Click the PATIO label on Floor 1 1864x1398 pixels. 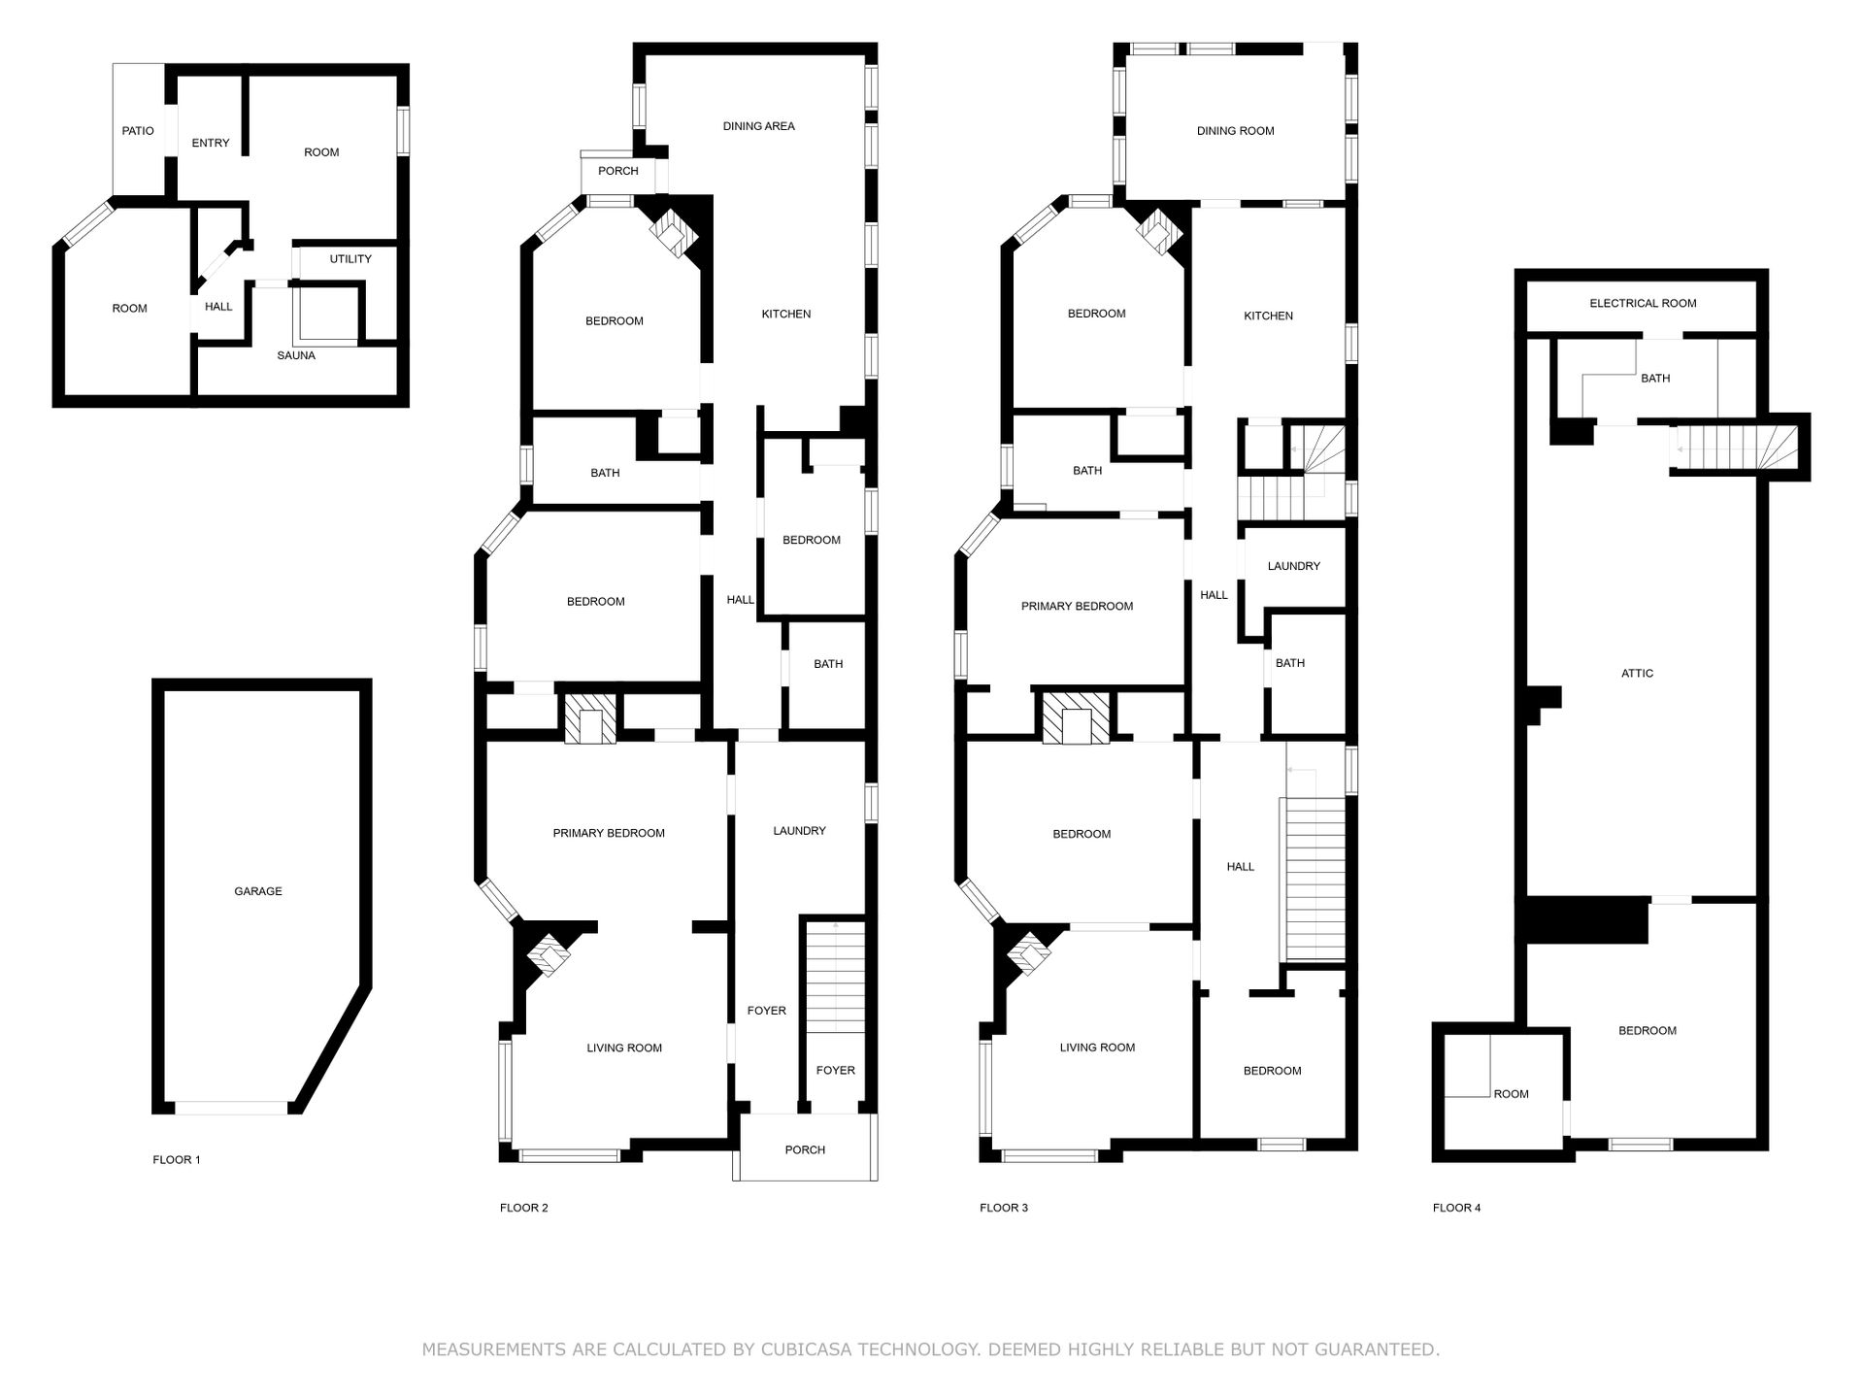pyautogui.click(x=138, y=131)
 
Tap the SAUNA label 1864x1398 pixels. pyautogui.click(x=296, y=356)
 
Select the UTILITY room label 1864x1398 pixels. pyautogui.click(x=350, y=259)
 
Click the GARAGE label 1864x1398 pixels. pyautogui.click(x=258, y=891)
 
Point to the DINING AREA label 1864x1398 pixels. pyautogui.click(x=759, y=126)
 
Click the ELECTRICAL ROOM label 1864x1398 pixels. pyautogui.click(x=1643, y=303)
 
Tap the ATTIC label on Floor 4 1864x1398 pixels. pyautogui.click(x=1637, y=674)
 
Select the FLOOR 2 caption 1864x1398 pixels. pyautogui.click(x=524, y=1208)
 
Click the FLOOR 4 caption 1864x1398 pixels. pyautogui.click(x=1457, y=1208)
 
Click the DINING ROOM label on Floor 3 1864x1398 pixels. pyautogui.click(x=1236, y=131)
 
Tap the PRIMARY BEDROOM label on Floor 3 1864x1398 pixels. pyautogui.click(x=1078, y=607)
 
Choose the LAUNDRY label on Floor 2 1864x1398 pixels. pyautogui.click(x=800, y=831)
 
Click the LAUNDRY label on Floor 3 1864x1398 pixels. pyautogui.click(x=1294, y=566)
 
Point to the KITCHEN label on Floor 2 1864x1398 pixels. pyautogui.click(x=786, y=315)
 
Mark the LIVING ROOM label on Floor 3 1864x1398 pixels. pyautogui.click(x=1097, y=1048)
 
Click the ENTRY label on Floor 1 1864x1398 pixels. pyautogui.click(x=211, y=144)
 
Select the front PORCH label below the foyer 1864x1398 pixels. pyautogui.click(x=805, y=1150)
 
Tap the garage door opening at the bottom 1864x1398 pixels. pyautogui.click(x=231, y=1108)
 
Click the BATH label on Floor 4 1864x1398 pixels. pyautogui.click(x=1655, y=379)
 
